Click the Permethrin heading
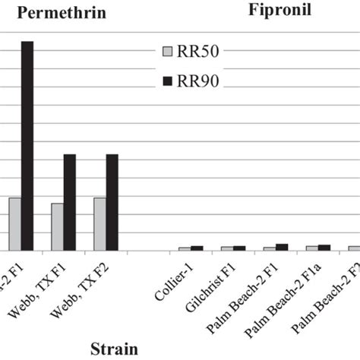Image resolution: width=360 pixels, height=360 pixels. (x=62, y=13)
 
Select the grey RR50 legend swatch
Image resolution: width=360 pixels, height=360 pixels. (x=168, y=52)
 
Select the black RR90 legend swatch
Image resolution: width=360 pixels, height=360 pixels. (x=168, y=81)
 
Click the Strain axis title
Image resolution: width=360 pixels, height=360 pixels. (x=115, y=349)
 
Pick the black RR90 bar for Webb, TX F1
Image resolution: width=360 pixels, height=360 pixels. (x=70, y=202)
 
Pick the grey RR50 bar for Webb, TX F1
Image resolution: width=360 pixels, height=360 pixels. (x=57, y=226)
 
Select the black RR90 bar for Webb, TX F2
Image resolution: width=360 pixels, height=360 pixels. (x=112, y=202)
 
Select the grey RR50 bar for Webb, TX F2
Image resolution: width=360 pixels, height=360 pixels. (x=99, y=224)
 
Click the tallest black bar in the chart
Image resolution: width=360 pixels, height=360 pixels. (x=27, y=145)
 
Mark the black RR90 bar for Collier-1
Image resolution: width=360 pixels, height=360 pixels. (x=197, y=248)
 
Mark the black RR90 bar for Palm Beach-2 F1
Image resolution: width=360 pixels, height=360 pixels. (x=282, y=247)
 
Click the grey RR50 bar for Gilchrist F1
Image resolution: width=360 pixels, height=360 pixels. (x=226, y=248)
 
